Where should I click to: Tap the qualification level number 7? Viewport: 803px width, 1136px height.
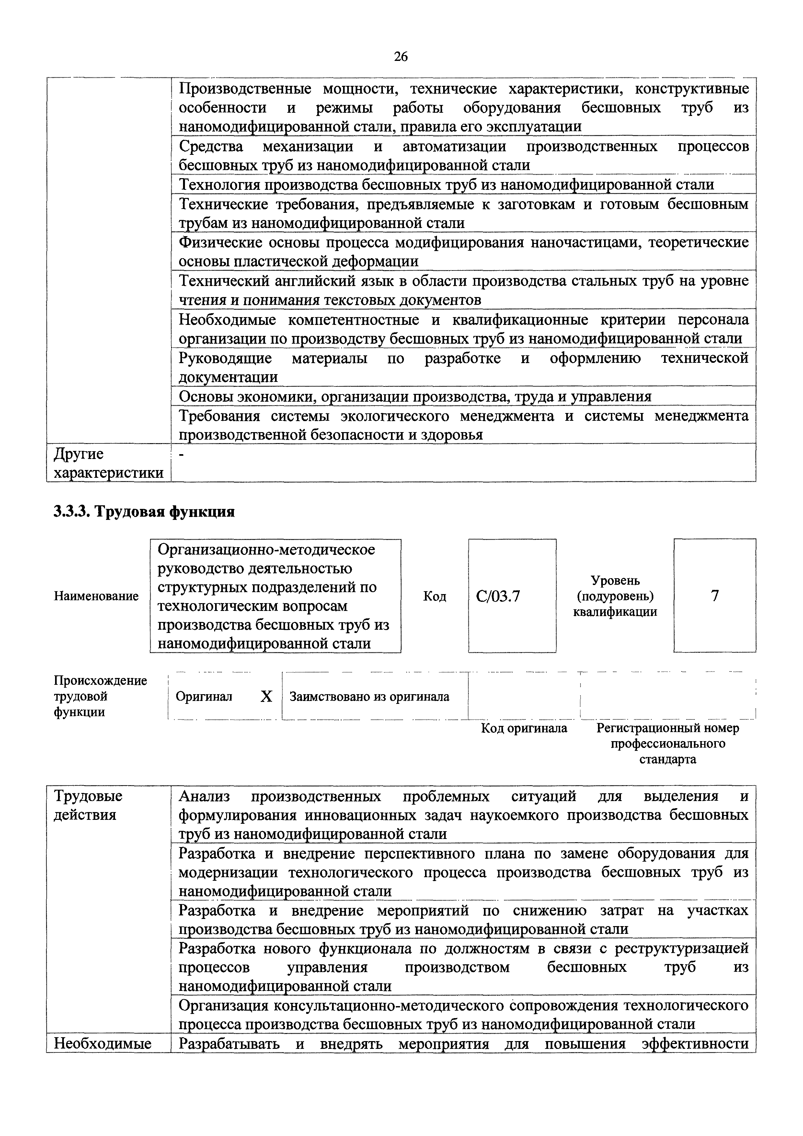point(715,596)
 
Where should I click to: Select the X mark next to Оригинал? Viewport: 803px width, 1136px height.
point(266,697)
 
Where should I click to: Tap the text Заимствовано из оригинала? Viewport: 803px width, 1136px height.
point(369,697)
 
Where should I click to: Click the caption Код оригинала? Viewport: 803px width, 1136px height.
point(524,728)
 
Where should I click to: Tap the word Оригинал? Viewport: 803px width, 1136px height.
point(204,697)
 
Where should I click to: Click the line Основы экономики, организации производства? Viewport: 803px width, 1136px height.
point(415,396)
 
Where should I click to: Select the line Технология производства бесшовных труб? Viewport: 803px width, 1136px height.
point(446,185)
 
